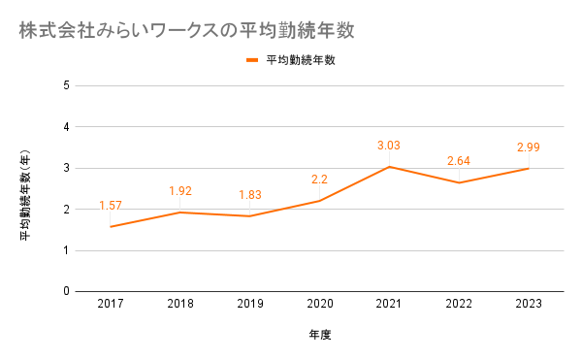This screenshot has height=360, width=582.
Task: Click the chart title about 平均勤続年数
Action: point(186,30)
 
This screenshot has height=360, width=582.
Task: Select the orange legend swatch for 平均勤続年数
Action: point(252,60)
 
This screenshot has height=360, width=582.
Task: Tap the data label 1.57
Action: point(111,206)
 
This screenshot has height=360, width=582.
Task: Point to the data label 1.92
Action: point(180,191)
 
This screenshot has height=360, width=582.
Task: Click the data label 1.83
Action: point(250,195)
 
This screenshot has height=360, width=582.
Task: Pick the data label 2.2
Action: point(319,180)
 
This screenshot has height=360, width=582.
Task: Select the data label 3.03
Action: point(389,146)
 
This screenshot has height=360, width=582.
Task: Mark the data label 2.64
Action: point(459,161)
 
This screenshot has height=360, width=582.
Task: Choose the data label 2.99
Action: point(529,147)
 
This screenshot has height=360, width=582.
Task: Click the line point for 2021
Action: point(389,167)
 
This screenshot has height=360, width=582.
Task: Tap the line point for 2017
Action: point(111,227)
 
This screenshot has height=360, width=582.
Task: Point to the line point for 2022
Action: point(459,182)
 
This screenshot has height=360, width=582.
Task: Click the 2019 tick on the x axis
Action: point(250,304)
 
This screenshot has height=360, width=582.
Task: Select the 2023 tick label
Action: point(529,304)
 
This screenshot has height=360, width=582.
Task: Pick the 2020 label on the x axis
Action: point(320,304)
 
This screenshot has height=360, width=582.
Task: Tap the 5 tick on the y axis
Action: point(66,85)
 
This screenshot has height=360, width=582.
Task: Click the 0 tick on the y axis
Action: point(66,291)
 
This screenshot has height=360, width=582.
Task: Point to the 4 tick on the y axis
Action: point(66,127)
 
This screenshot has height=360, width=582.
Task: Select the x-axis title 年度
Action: point(320,335)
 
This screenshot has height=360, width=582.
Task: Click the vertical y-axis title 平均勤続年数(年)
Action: point(25,195)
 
